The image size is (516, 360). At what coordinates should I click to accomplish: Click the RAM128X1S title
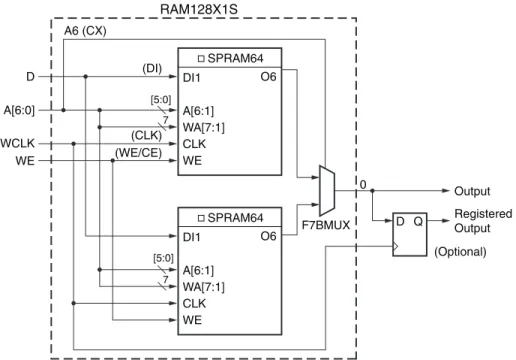(x=199, y=9)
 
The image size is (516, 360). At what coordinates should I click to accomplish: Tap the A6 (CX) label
(x=85, y=31)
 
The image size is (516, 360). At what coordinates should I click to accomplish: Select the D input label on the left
(x=30, y=77)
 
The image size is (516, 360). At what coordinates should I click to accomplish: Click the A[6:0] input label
(x=19, y=110)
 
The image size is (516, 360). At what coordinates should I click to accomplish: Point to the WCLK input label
(x=18, y=143)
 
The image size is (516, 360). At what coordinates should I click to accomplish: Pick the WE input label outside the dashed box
(x=25, y=161)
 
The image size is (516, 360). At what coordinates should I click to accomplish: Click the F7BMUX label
(x=326, y=225)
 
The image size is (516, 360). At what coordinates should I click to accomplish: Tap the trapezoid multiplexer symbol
(x=327, y=190)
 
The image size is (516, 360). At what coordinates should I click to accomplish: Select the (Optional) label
(x=460, y=252)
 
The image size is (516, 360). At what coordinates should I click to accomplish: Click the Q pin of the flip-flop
(x=418, y=221)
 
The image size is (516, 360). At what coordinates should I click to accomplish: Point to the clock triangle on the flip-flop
(x=396, y=247)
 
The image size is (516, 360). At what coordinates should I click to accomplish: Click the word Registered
(x=483, y=214)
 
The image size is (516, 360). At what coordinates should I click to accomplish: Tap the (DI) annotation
(x=152, y=69)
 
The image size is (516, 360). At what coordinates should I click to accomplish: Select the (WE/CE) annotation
(x=138, y=153)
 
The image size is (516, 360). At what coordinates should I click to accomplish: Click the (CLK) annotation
(x=146, y=136)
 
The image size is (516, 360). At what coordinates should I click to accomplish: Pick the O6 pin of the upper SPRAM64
(x=268, y=77)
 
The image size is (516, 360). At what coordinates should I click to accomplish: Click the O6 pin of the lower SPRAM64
(x=268, y=236)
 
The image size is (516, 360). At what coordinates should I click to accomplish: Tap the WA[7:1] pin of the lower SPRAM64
(x=204, y=287)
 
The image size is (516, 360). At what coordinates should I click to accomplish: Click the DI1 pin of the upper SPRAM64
(x=192, y=78)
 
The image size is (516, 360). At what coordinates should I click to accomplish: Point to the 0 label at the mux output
(x=363, y=184)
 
